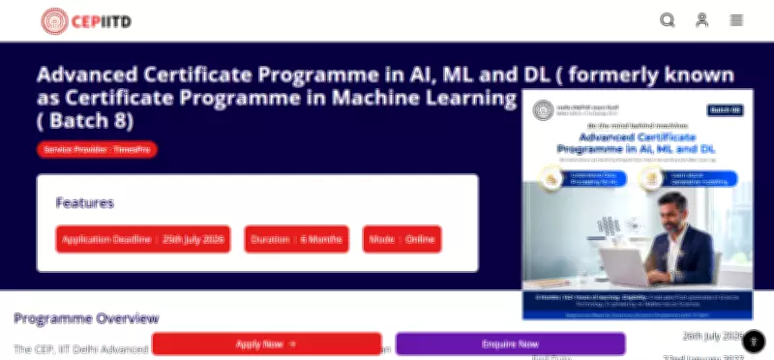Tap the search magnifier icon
(x=668, y=20)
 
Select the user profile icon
(x=702, y=20)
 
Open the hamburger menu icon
(x=737, y=20)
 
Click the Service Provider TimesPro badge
(x=97, y=149)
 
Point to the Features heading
(x=85, y=203)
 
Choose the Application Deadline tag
(x=143, y=238)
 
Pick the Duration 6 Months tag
(x=296, y=238)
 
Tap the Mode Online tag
(x=402, y=238)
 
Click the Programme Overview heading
(x=86, y=318)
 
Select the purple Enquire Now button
(x=510, y=344)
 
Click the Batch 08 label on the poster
(x=725, y=110)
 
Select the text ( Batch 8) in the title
(x=85, y=122)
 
